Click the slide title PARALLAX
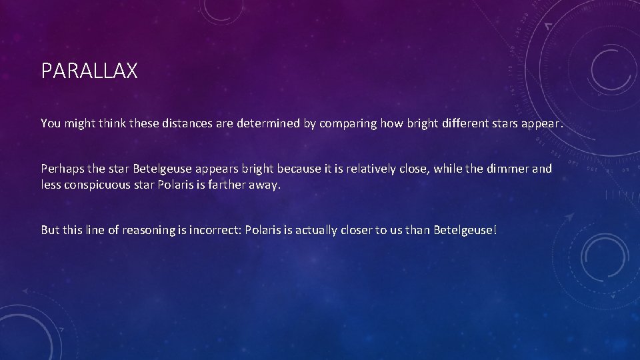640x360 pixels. click(89, 71)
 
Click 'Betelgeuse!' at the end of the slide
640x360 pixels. click(465, 230)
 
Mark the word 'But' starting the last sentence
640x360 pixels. click(50, 230)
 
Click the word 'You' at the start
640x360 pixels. click(51, 123)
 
